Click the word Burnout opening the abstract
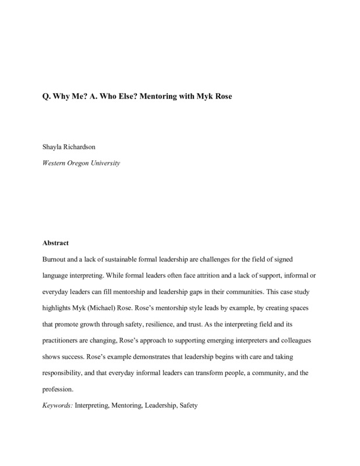coord(57,257)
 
